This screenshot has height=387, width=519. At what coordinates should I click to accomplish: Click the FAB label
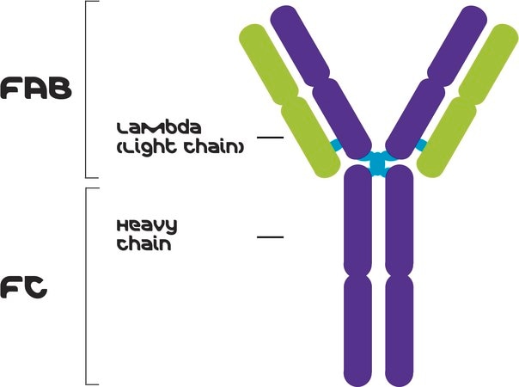pos(36,88)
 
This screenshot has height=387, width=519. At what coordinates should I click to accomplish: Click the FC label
pos(24,288)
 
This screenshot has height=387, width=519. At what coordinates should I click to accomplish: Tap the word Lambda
pos(159,128)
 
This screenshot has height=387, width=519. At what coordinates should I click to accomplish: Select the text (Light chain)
pos(180,146)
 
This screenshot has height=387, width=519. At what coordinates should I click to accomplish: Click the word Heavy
pos(147,227)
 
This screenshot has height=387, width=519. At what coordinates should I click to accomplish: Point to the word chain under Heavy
pos(144,243)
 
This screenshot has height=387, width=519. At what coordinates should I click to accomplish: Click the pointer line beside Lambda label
pos(270,138)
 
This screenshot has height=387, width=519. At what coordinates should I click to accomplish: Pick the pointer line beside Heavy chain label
pos(270,237)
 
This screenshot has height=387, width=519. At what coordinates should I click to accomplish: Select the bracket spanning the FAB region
pos(86,89)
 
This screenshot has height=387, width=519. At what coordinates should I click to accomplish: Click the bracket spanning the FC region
pos(87,286)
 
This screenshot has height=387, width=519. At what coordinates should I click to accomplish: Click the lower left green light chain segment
pos(310,137)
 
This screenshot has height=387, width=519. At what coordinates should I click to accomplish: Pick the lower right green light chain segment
pos(447,138)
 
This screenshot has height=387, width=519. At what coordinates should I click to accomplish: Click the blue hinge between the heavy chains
pos(378,163)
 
